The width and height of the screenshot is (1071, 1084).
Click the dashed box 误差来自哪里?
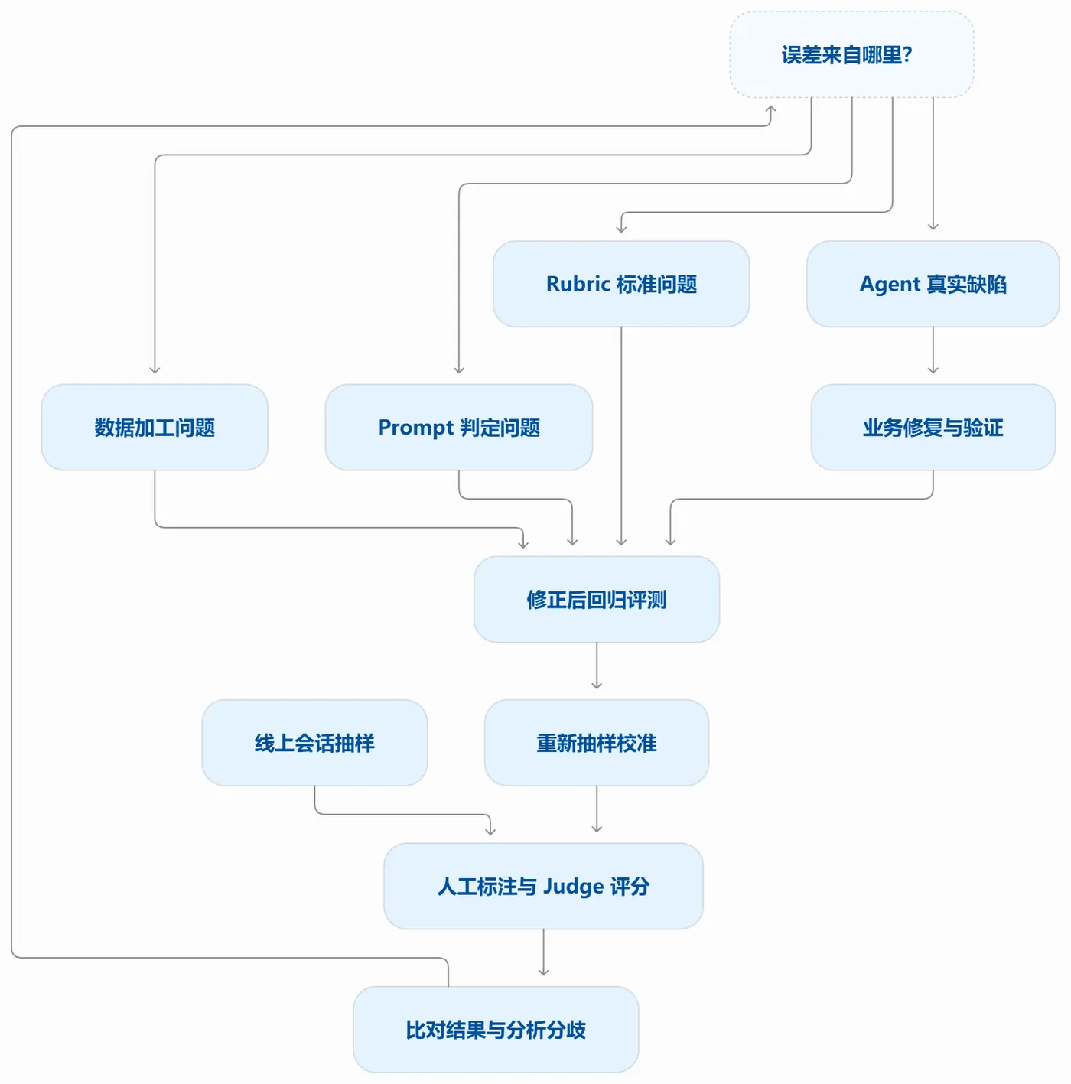851,54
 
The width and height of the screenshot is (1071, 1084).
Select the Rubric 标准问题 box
620,284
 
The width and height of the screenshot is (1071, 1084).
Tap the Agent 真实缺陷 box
933,284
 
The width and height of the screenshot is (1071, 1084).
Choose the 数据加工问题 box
155,428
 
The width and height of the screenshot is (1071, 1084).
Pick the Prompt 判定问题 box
459,428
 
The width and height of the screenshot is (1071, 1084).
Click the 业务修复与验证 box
933,428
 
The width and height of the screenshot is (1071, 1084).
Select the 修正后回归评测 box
597,600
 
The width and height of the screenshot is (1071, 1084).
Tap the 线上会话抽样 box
314,743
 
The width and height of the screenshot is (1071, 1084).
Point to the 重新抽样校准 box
597,743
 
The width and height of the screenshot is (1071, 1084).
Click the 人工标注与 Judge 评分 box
543,887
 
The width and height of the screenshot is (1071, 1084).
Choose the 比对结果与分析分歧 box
496,1030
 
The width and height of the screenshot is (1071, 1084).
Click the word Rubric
578,284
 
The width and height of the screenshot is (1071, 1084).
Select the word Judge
574,887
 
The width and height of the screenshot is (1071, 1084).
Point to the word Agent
890,285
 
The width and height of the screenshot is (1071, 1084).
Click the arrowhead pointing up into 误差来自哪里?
770,109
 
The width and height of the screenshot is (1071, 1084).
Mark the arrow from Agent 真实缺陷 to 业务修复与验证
933,350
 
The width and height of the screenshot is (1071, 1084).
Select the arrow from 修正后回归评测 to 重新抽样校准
597,666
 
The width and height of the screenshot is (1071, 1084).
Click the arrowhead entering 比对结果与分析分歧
543,972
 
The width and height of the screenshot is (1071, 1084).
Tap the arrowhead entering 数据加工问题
155,369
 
